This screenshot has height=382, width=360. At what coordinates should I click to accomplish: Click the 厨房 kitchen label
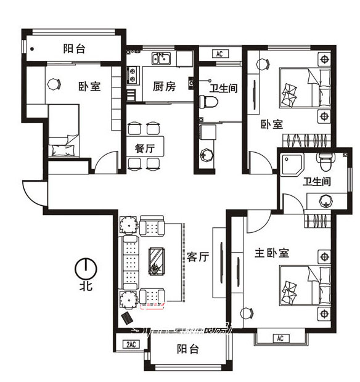[164, 86]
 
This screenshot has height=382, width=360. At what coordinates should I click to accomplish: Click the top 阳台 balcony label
[73, 49]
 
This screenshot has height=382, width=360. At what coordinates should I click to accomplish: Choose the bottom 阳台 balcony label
[187, 349]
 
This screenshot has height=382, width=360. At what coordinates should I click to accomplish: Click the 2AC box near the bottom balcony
[131, 344]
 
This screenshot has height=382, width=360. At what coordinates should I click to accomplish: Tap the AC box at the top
[219, 54]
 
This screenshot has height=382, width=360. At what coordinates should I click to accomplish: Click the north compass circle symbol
[84, 268]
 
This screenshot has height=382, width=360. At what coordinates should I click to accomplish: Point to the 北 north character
[84, 286]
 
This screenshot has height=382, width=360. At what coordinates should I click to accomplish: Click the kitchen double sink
[162, 59]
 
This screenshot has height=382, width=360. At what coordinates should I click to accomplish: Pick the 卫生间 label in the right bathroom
[317, 182]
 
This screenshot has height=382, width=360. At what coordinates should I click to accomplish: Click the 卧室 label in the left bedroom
[89, 86]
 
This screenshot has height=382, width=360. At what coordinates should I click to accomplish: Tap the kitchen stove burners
[131, 76]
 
